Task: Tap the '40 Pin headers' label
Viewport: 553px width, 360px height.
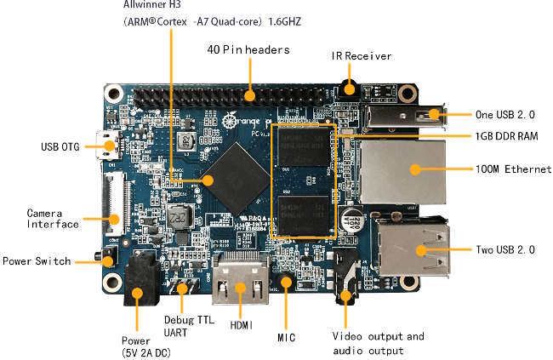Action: [x=248, y=49]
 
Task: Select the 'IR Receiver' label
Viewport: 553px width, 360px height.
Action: [x=362, y=56]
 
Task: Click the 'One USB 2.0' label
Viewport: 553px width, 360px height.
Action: [x=506, y=113]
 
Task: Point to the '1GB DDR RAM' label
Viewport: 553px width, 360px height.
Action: [x=506, y=136]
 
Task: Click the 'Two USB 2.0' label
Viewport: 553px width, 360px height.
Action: [x=505, y=250]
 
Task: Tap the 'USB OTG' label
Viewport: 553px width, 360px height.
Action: [x=60, y=147]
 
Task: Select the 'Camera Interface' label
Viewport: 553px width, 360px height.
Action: [x=53, y=218]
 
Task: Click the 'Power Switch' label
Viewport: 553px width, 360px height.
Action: [x=36, y=261]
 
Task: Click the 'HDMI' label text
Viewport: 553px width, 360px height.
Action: [x=242, y=323]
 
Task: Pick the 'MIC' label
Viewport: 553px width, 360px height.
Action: [x=286, y=338]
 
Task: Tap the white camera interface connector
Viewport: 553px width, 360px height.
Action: [x=114, y=204]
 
